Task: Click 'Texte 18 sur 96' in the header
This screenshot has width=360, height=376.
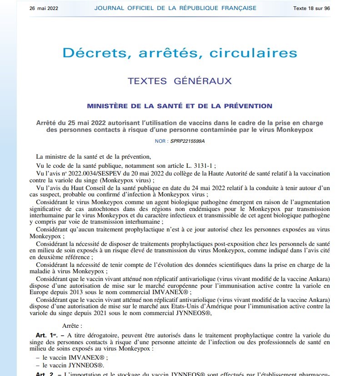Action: click(311, 8)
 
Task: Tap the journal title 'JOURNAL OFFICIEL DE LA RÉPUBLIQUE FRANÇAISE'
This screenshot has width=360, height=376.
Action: click(175, 8)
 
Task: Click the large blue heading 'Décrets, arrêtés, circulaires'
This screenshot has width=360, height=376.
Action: click(180, 53)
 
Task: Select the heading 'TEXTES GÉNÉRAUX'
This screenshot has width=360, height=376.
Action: click(180, 81)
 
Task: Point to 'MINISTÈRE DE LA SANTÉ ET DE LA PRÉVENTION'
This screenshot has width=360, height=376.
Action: click(180, 106)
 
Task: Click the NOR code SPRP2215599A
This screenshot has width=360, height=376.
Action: click(188, 141)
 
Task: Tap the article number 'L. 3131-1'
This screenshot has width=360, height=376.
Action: click(199, 165)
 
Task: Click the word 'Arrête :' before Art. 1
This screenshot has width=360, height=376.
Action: click(73, 326)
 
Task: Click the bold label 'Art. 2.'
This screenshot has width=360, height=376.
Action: click(48, 374)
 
